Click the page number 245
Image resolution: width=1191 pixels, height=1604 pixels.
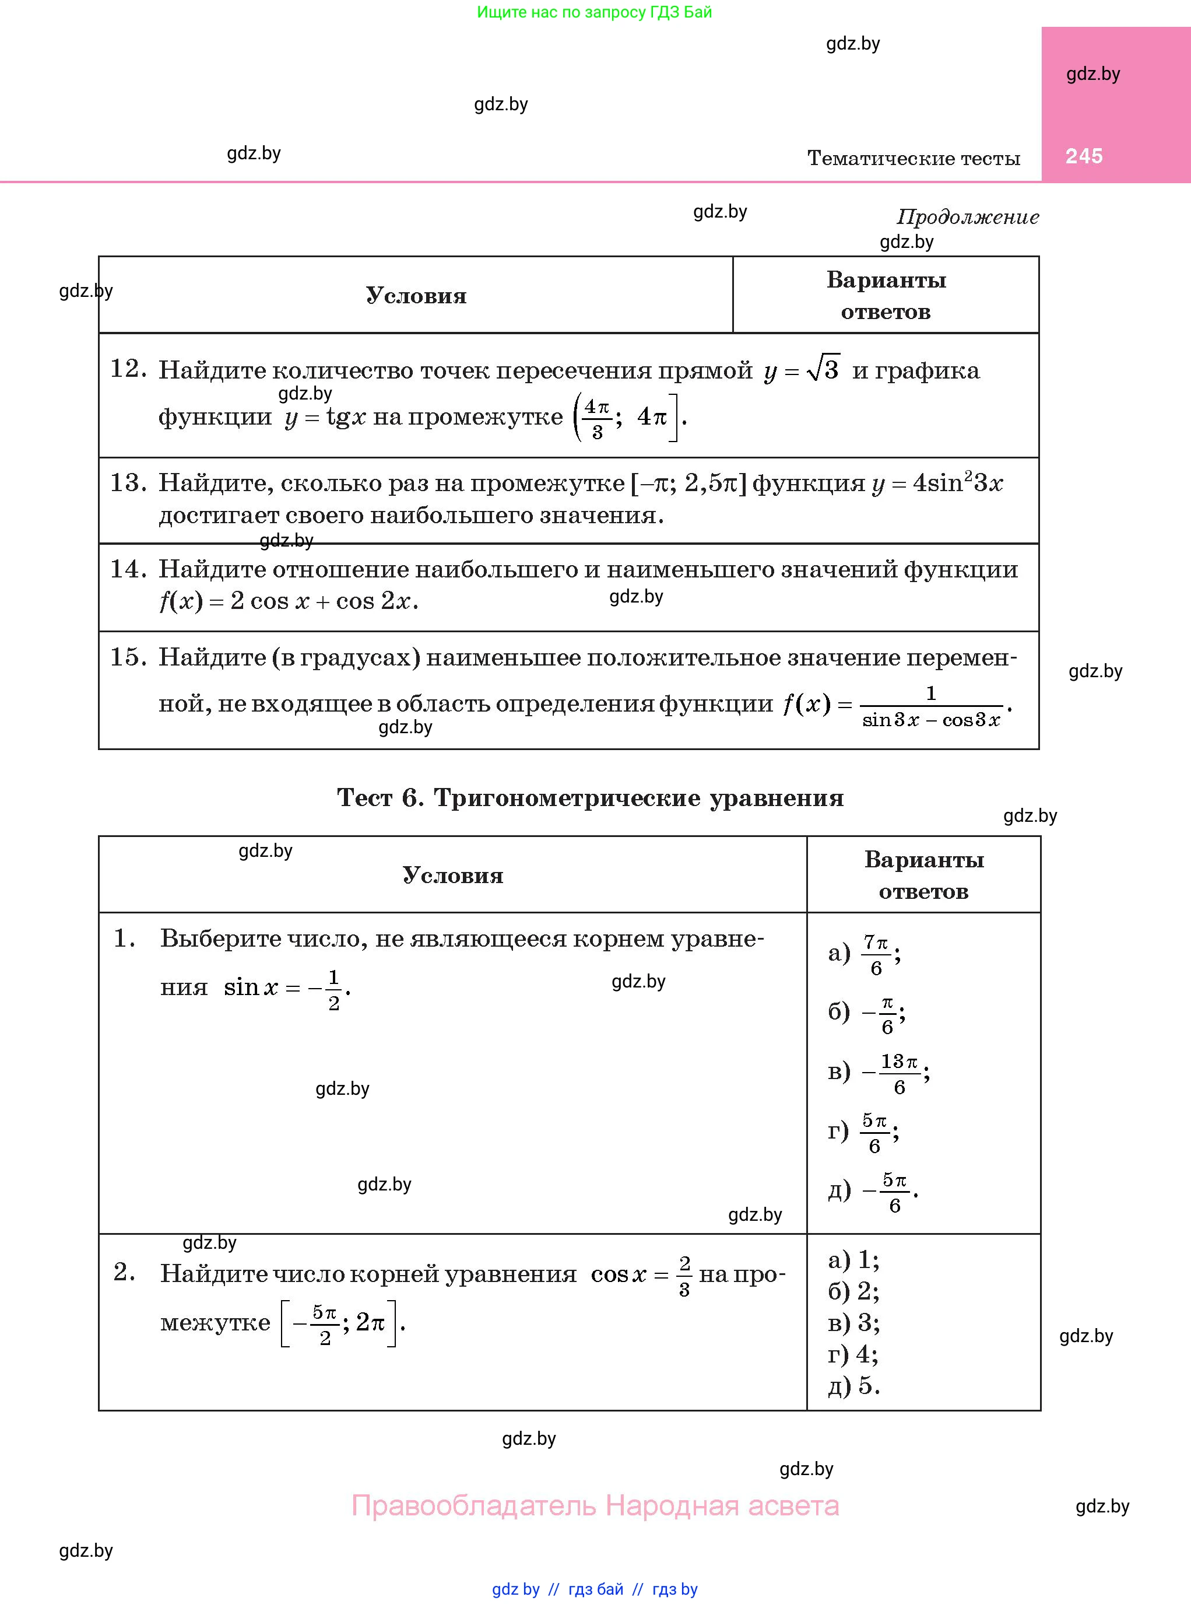click(x=1084, y=156)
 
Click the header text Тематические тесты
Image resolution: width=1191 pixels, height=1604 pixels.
click(x=913, y=158)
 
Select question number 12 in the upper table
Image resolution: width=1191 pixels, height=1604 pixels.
click(x=128, y=369)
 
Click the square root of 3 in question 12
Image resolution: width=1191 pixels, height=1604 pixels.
click(x=823, y=369)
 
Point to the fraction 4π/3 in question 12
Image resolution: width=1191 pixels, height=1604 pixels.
click(x=596, y=418)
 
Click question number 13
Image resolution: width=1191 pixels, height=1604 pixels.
click(x=128, y=482)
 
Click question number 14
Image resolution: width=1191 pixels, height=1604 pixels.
click(x=128, y=569)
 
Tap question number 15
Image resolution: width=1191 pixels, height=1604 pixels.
click(x=128, y=657)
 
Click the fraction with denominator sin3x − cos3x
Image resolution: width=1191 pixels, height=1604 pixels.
click(x=931, y=707)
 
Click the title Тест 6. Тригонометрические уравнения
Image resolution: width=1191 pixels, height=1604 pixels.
click(x=590, y=798)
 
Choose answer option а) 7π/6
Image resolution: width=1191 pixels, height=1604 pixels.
click(x=865, y=954)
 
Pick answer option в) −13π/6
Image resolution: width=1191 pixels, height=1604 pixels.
click(x=878, y=1073)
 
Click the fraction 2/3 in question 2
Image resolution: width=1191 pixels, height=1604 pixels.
click(x=684, y=1276)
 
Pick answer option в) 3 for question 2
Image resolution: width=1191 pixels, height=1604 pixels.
click(x=853, y=1323)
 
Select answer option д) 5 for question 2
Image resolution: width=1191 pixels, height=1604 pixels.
click(x=853, y=1385)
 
